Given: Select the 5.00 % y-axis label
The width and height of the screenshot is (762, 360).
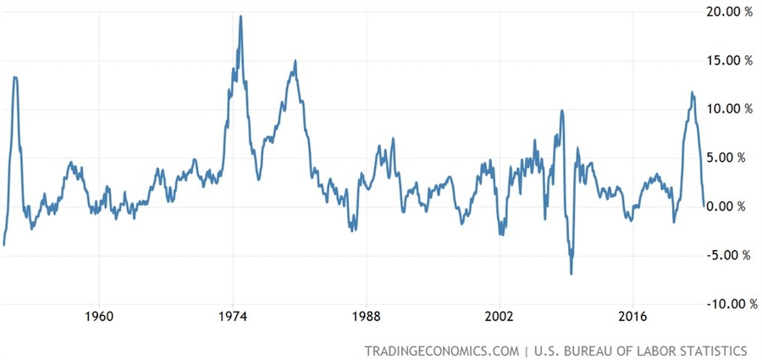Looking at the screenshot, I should pos(728,158).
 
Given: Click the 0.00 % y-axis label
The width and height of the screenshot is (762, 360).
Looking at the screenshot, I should pos(728,207).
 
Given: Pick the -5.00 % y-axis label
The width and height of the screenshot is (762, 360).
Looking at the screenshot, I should pos(726,255).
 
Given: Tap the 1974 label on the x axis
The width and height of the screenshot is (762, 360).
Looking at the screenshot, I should pos(233,318).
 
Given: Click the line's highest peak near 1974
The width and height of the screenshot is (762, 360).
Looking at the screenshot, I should pos(240,16).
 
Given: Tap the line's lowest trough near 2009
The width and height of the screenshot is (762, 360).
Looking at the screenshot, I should pos(571,274).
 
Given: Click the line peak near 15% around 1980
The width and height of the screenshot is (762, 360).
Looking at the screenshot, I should pos(295,61).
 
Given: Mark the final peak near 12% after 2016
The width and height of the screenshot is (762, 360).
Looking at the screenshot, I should pos(693,92).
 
